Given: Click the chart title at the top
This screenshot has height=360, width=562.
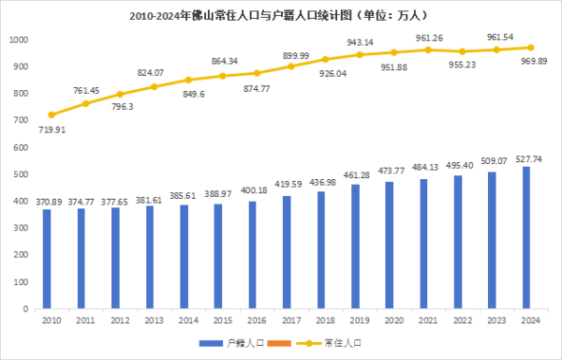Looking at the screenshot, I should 281,16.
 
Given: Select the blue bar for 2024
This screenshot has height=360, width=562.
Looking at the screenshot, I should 526,238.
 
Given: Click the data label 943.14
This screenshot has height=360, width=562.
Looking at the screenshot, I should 360,42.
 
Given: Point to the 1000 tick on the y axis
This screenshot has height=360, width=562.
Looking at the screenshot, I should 19,40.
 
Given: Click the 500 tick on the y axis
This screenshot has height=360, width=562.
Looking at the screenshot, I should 21,174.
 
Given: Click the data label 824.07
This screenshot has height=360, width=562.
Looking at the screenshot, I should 150,72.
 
